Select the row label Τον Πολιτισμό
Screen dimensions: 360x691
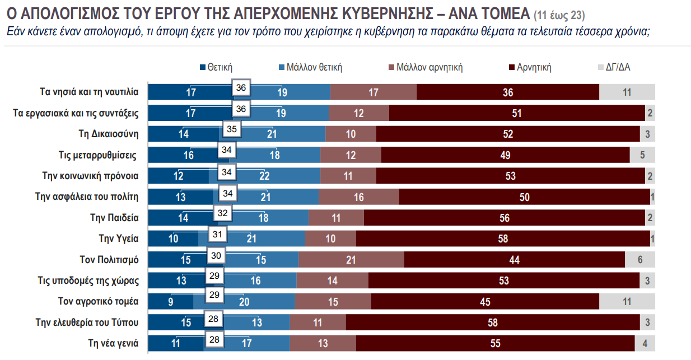click(x=109, y=260)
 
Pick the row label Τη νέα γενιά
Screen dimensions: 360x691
click(x=113, y=343)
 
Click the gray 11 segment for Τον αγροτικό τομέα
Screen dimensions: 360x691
click(x=627, y=302)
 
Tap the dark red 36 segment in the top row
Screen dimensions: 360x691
click(x=508, y=92)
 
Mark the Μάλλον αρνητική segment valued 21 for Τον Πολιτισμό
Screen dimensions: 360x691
click(x=351, y=260)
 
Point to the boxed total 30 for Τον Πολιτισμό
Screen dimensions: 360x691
click(x=216, y=255)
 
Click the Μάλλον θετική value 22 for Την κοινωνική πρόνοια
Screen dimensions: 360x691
click(x=265, y=176)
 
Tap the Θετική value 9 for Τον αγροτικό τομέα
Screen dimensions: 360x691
click(x=171, y=302)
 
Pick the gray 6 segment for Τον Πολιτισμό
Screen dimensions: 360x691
click(x=639, y=260)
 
